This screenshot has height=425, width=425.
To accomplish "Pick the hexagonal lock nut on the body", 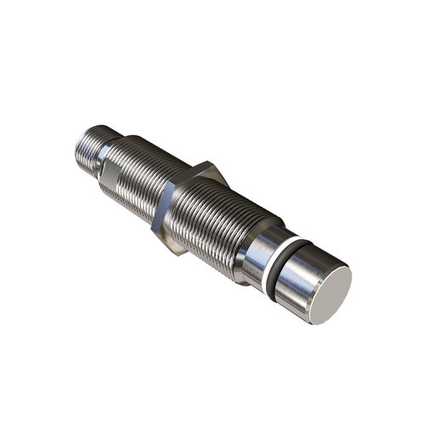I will [x=191, y=205].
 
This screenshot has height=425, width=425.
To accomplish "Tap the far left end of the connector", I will [x=76, y=142].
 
